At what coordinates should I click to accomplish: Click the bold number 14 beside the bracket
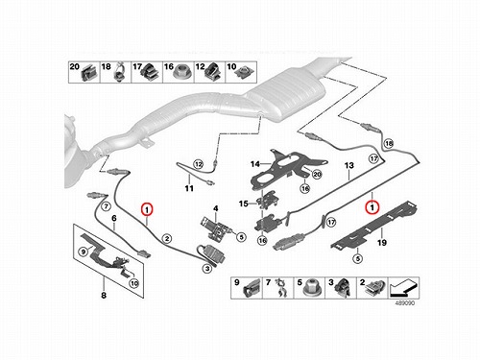[x=255, y=164]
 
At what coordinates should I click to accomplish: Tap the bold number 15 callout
[x=244, y=204]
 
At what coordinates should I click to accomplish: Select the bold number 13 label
[x=349, y=165]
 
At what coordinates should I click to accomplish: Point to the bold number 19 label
[x=382, y=243]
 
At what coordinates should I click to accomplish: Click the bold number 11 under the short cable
[x=189, y=188]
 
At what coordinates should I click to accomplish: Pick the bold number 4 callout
[x=216, y=208]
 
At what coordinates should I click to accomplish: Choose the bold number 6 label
[x=114, y=219]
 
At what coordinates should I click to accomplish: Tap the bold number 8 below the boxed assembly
[x=104, y=295]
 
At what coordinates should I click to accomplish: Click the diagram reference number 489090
[x=405, y=302]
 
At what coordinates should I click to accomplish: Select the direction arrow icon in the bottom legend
[x=403, y=288]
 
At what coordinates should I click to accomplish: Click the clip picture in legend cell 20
[x=87, y=74]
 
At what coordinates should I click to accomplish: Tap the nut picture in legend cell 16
[x=183, y=74]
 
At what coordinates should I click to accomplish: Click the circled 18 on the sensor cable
[x=389, y=144]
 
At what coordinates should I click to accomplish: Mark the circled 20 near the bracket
[x=317, y=175]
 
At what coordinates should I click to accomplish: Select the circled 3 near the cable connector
[x=207, y=268]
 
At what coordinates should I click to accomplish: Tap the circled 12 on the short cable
[x=199, y=164]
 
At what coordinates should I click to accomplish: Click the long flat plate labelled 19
[x=375, y=227]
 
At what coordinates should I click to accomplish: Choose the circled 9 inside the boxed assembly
[x=84, y=252]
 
